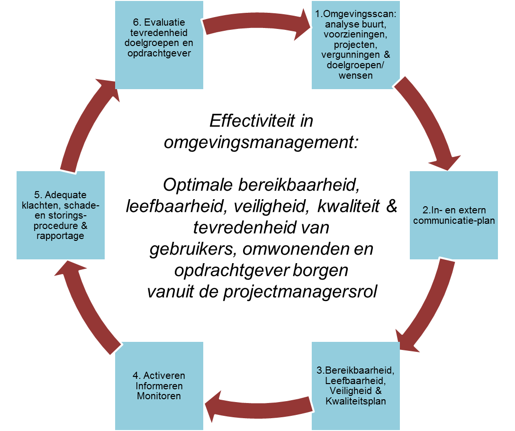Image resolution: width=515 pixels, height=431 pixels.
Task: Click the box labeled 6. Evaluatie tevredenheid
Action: pos(159,45)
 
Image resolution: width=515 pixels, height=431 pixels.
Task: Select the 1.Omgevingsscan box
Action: pos(356,45)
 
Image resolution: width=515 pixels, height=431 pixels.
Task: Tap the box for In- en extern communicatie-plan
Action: pos(454,215)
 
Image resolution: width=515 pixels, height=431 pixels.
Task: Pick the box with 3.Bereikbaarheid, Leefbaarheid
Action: pos(356,386)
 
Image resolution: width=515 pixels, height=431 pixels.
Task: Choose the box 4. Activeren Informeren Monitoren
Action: pos(159,386)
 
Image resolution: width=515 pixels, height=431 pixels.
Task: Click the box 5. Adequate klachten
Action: pos(61,215)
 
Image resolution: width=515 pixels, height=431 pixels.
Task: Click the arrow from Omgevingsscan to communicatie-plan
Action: pos(430,122)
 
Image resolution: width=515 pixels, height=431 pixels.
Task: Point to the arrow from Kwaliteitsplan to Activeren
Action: pos(258,405)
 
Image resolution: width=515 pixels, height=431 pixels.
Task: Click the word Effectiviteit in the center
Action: pos(252,121)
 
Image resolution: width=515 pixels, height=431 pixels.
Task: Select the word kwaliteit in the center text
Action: pos(348,206)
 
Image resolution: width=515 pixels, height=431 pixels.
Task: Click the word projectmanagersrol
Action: pos(300,292)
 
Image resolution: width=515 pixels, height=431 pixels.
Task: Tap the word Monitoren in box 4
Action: pos(159,396)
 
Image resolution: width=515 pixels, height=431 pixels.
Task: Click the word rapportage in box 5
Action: pos(61,236)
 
